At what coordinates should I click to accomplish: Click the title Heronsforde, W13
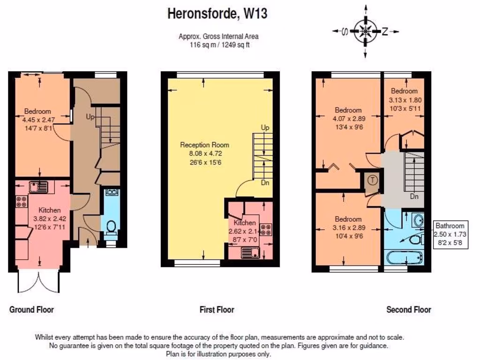(217, 14)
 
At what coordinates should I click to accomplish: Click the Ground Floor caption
(31, 309)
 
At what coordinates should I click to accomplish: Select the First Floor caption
(217, 309)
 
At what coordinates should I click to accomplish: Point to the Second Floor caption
(409, 309)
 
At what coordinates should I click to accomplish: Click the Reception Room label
(205, 145)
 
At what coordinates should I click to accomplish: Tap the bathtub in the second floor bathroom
(404, 258)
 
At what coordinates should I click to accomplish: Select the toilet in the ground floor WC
(112, 227)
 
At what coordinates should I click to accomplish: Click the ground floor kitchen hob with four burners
(22, 201)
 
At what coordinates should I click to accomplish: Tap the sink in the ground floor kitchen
(38, 187)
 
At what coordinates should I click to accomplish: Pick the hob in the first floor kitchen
(265, 230)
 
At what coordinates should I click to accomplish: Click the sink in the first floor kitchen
(250, 253)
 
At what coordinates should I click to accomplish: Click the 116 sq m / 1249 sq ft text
(218, 45)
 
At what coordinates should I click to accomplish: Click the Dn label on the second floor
(414, 196)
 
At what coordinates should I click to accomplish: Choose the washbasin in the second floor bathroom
(418, 220)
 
